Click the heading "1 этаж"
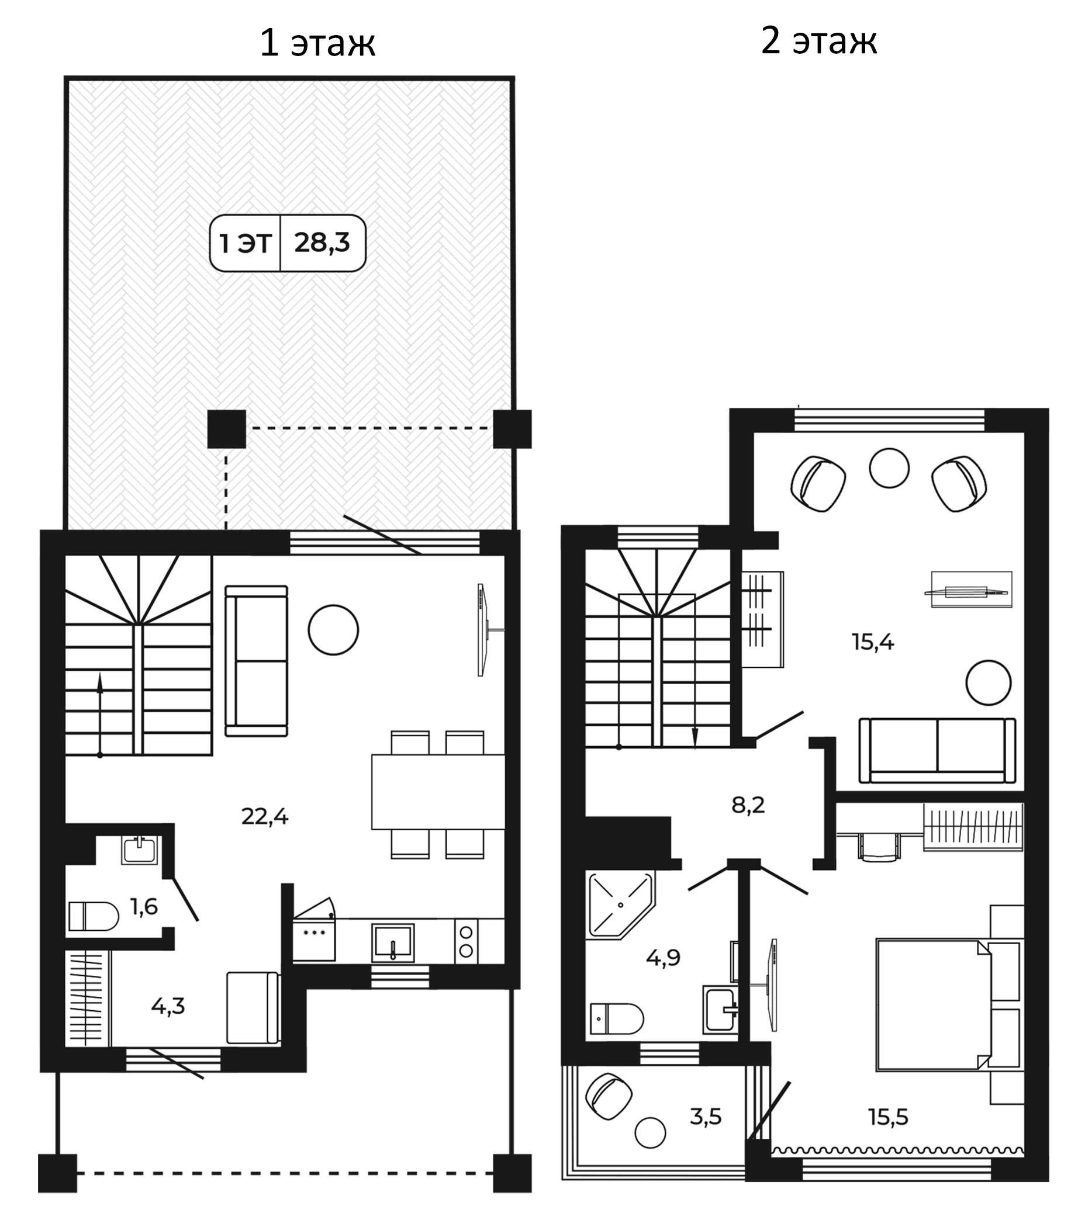[317, 43]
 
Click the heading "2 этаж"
[818, 41]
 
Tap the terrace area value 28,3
[322, 243]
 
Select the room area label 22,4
[265, 816]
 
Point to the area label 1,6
[144, 906]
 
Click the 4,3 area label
[168, 1006]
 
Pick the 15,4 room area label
[873, 642]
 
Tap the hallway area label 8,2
[748, 805]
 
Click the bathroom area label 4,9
[663, 958]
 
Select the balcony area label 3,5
[706, 1117]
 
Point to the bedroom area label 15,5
[888, 1117]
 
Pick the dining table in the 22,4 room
[438, 792]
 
